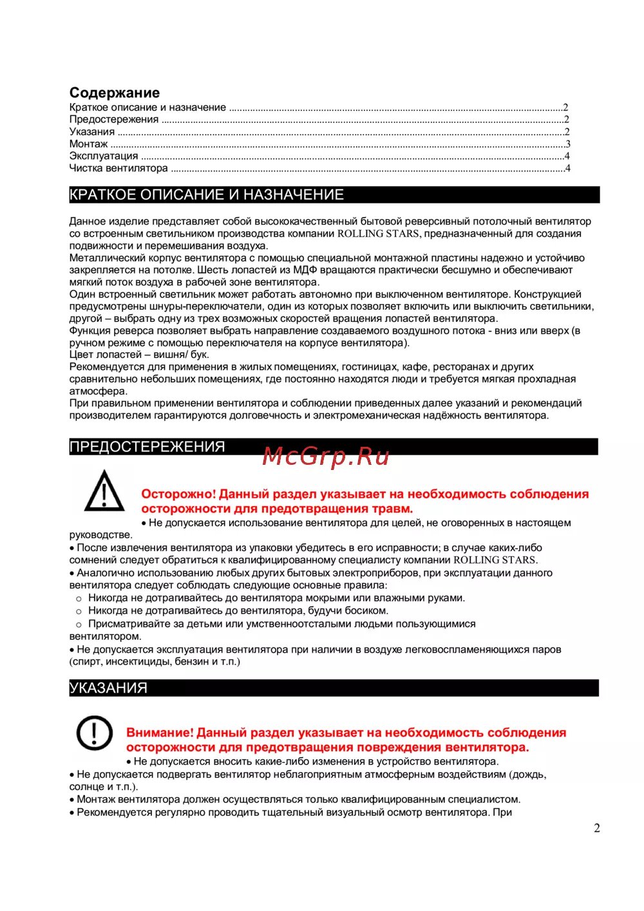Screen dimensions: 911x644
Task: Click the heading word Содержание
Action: tap(114, 93)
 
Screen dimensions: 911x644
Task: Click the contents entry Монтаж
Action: tap(88, 144)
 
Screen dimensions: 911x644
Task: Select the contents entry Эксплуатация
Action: tap(103, 156)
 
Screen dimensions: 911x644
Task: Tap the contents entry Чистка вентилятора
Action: tap(118, 169)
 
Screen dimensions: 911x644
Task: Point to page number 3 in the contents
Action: tap(567, 144)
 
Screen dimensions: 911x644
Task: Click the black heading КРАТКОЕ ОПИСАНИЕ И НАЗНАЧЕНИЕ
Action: tap(207, 195)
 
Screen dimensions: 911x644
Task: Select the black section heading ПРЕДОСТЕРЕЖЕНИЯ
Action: tap(147, 447)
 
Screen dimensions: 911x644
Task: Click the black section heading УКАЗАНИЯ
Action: tap(108, 688)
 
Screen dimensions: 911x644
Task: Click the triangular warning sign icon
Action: tap(104, 492)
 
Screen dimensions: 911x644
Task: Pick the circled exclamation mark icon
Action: tap(95, 733)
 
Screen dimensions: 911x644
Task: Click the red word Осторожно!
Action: tap(178, 494)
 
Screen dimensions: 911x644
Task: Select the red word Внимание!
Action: tap(160, 733)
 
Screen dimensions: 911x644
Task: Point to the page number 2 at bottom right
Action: tap(596, 829)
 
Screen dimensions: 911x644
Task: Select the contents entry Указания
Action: tap(92, 132)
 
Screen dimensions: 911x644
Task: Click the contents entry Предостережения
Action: tap(114, 120)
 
